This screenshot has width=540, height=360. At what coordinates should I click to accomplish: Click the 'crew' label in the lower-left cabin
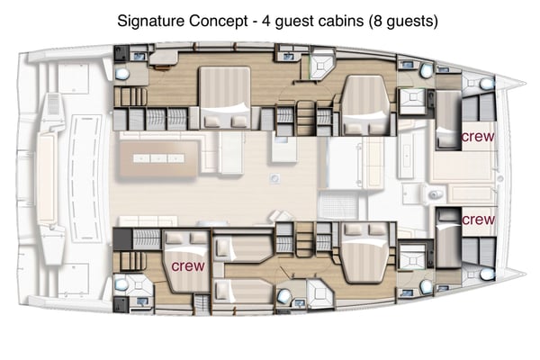[187, 266]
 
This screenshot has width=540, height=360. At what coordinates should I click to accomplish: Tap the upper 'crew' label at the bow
[477, 137]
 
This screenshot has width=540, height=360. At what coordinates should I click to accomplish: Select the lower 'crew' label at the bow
[477, 219]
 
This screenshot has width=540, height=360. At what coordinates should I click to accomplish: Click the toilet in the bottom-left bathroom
[121, 285]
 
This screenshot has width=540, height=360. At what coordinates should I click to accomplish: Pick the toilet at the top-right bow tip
[487, 84]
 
